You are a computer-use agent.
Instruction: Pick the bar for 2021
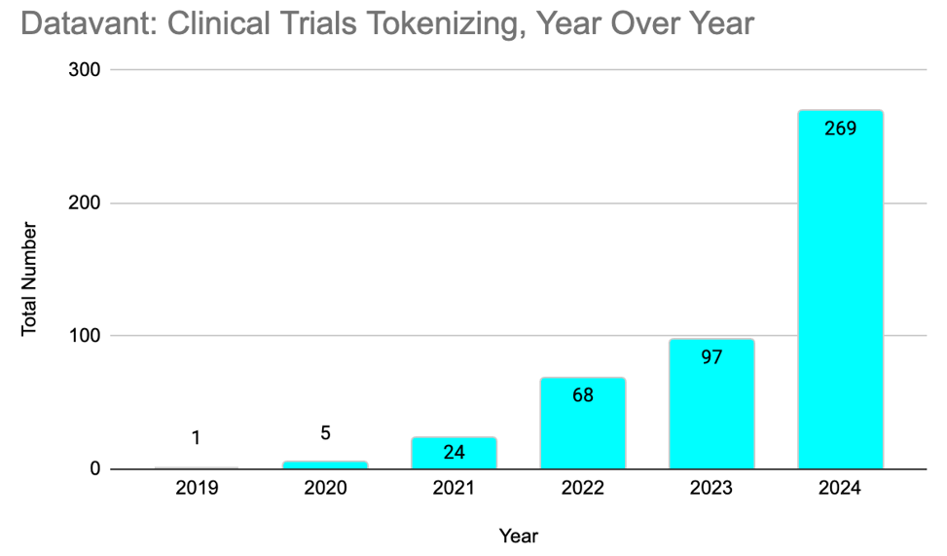click(455, 454)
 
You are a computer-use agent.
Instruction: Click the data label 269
click(840, 128)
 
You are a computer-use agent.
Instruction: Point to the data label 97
click(711, 356)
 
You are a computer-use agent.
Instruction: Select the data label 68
click(583, 395)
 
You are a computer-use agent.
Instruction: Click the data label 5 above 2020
click(326, 433)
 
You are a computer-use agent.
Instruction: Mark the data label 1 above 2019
click(197, 438)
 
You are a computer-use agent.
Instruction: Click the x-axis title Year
click(518, 536)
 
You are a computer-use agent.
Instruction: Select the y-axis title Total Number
click(29, 279)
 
